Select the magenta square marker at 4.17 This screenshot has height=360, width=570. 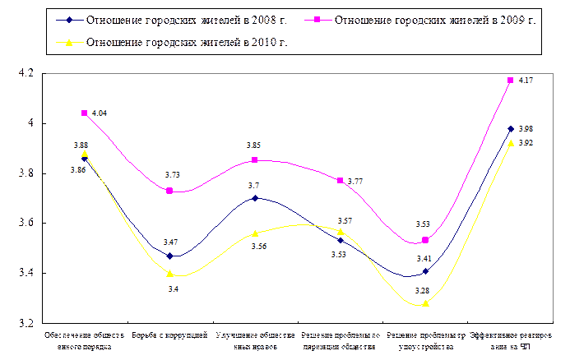(511, 81)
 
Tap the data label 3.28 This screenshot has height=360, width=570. (420, 290)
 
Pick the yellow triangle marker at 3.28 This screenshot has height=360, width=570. (425, 304)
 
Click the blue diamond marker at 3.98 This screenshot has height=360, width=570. (511, 129)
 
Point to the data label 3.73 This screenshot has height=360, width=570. (174, 174)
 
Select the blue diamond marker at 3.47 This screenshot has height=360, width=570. (169, 256)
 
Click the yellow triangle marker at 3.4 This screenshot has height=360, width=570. (169, 274)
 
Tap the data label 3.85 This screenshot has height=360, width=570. (253, 145)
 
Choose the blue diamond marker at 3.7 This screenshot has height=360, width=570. (255, 198)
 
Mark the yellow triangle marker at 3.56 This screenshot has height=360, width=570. (255, 233)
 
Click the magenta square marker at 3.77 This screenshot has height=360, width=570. (341, 181)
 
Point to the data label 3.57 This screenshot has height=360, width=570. (345, 221)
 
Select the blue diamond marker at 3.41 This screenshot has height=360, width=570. (425, 271)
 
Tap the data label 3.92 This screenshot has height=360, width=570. (525, 143)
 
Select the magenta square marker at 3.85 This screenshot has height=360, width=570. (255, 160)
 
